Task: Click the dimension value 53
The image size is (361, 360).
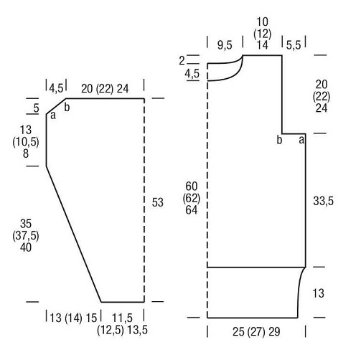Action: pos(157,202)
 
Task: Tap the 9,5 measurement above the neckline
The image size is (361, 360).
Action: pos(225,45)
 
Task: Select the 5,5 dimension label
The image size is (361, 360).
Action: pos(294,45)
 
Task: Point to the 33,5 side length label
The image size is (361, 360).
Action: pos(323,201)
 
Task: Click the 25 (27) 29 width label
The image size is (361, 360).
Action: pos(256,332)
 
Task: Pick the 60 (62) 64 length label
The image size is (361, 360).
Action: pos(192,198)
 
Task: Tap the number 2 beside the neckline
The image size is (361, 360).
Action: pos(182,61)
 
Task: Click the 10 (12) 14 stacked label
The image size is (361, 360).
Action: pos(263,34)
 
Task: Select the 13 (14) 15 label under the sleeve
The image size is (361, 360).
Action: pos(73,318)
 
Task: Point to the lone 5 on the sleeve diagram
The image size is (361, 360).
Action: pos(36,108)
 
